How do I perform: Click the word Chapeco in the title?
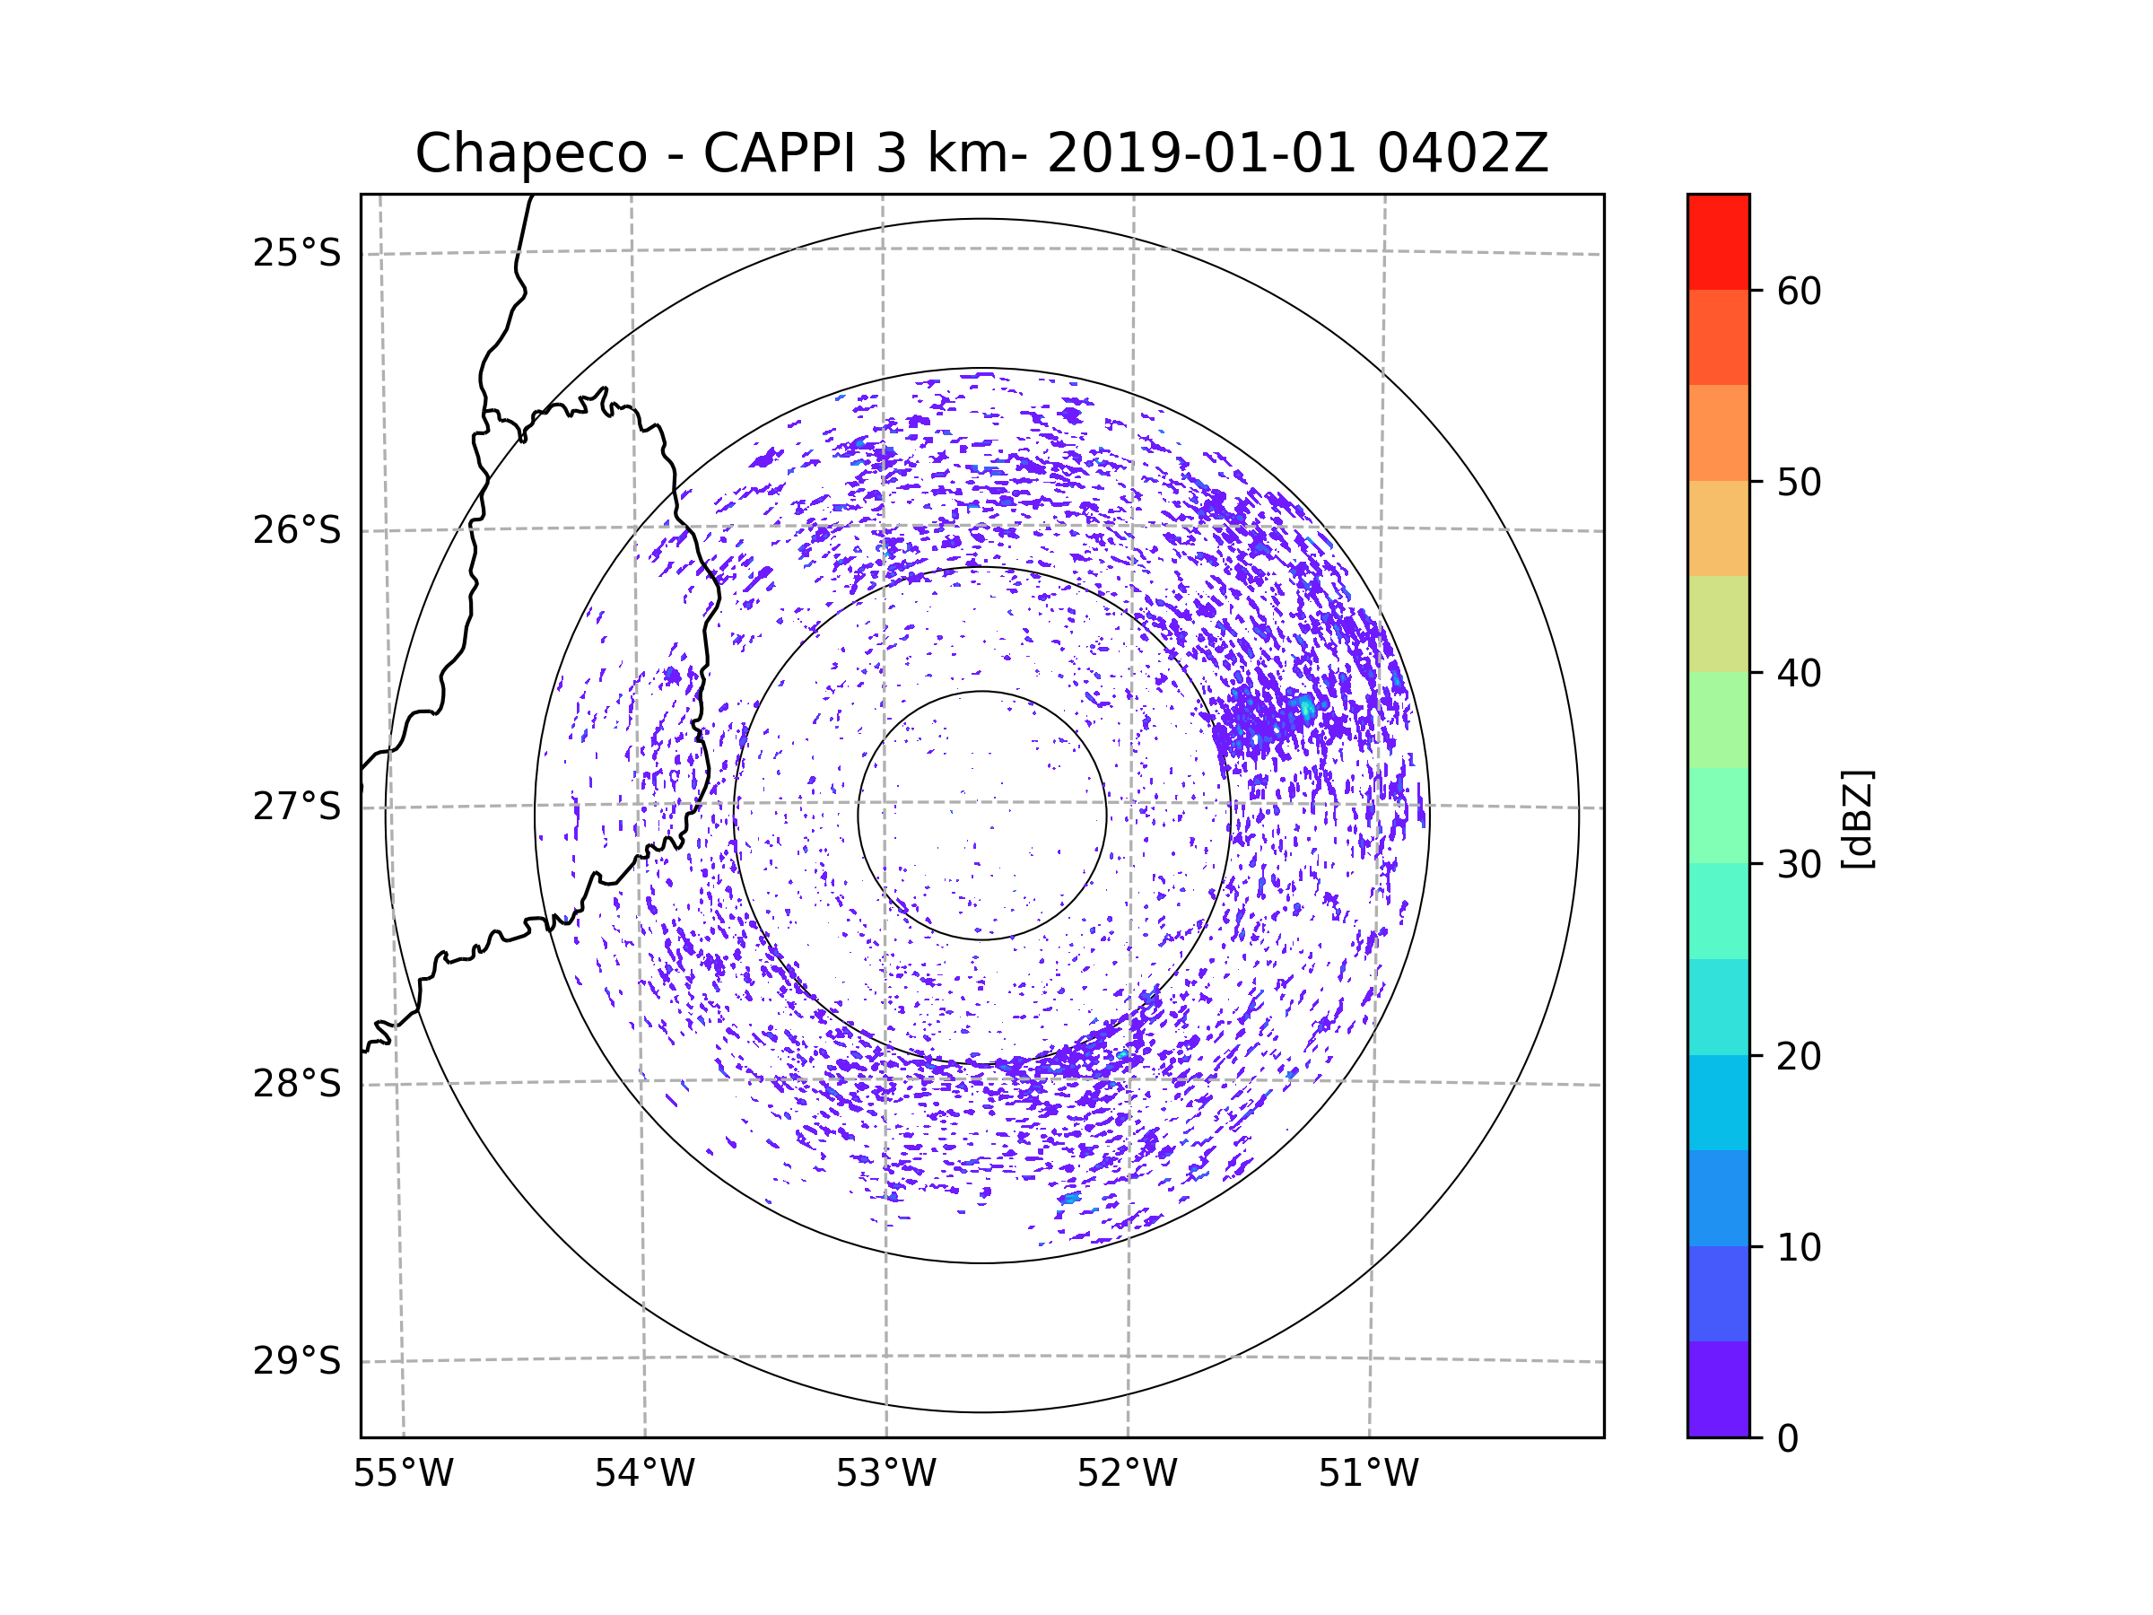530,153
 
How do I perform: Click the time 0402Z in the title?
1461,153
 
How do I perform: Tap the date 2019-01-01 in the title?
1200,153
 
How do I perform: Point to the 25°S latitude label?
297,253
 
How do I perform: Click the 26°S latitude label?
297,530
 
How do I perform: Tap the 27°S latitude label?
297,807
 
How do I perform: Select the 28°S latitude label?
297,1084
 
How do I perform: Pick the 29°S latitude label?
297,1361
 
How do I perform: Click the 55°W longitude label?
403,1474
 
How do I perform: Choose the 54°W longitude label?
644,1474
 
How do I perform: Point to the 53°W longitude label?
885,1474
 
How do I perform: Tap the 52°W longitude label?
1127,1474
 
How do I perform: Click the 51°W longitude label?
1368,1474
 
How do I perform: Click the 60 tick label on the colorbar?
1799,291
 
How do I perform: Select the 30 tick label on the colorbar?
1799,864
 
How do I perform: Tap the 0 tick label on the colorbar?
1788,1439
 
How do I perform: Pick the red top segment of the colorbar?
1718,241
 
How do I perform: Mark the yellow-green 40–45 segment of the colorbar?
1718,624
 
